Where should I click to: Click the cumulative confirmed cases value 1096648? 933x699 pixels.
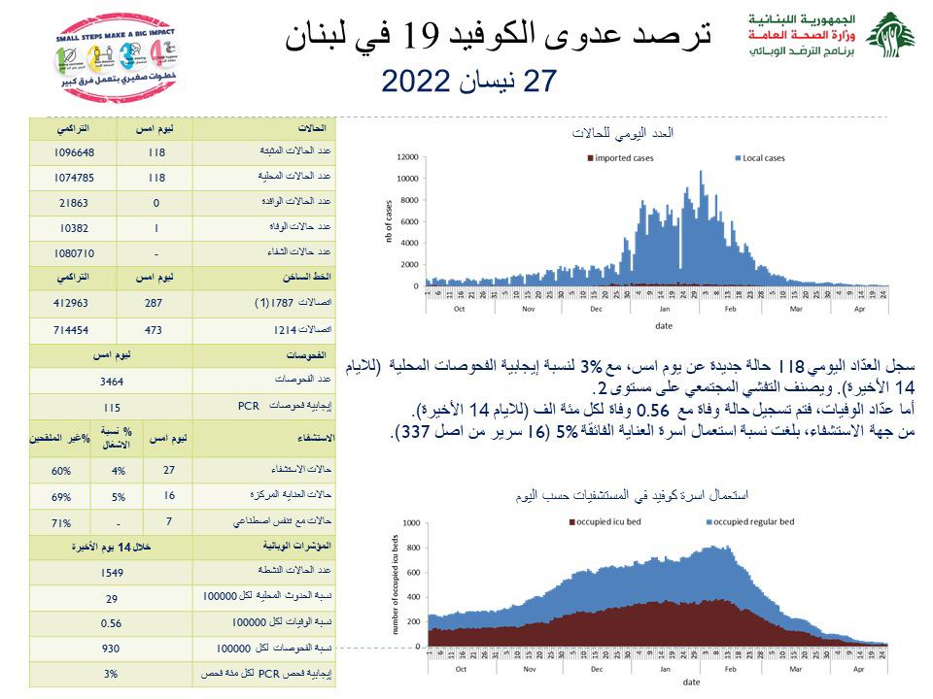(x=73, y=152)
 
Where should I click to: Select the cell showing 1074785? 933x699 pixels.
(x=73, y=178)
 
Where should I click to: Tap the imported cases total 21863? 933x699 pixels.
(x=73, y=203)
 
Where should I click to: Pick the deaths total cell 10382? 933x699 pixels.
(x=73, y=228)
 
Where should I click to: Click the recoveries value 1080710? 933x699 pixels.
(x=73, y=253)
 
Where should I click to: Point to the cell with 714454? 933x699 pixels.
(x=73, y=329)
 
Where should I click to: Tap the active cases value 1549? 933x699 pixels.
(x=111, y=573)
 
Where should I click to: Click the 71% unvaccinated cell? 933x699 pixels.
(x=61, y=522)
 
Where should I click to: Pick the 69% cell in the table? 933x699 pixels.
(x=61, y=497)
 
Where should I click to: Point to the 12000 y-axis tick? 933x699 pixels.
(x=407, y=157)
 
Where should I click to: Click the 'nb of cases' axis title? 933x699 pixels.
(x=389, y=220)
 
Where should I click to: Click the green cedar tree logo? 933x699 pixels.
(x=890, y=35)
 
